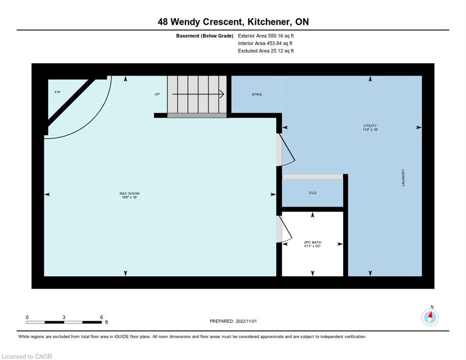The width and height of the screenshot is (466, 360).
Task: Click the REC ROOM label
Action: (x=129, y=194)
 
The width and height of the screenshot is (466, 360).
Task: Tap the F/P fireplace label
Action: (x=58, y=92)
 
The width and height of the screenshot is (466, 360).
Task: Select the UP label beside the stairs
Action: (x=157, y=94)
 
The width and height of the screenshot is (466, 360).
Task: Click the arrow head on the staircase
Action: (x=222, y=94)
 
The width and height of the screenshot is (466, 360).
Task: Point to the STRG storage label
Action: (x=256, y=94)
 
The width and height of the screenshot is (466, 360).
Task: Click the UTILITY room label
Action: (x=370, y=126)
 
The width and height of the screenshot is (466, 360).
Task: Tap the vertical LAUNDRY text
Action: (x=403, y=178)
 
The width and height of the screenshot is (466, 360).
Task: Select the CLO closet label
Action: (x=313, y=193)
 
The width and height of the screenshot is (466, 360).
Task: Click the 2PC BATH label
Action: (x=313, y=242)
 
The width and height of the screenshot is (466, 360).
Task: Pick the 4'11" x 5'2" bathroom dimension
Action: (x=313, y=247)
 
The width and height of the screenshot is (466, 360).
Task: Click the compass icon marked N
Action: (x=430, y=317)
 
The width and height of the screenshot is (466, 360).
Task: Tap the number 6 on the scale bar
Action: (x=101, y=317)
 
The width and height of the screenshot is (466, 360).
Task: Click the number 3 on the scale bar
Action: (x=64, y=317)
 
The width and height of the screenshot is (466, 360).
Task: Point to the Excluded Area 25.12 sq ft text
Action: (x=266, y=51)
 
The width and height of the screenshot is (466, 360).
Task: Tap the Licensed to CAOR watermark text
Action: (x=27, y=357)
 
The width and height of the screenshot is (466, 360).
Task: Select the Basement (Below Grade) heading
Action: (x=204, y=36)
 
